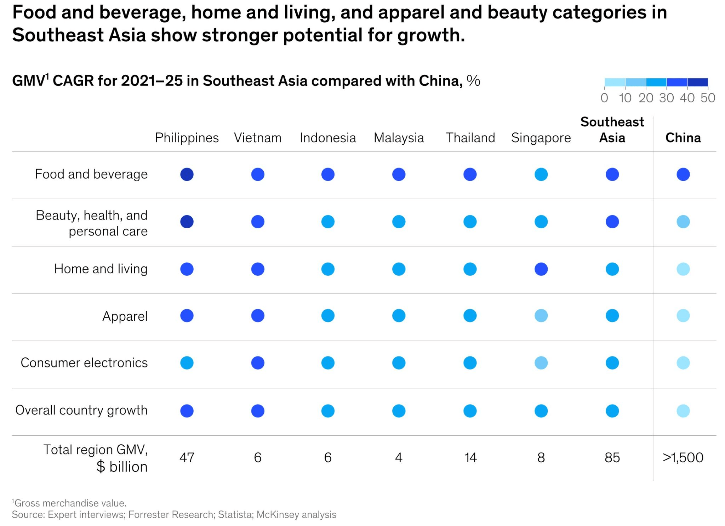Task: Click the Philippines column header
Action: point(187,138)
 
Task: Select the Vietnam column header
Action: point(257,138)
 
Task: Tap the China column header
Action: point(683,138)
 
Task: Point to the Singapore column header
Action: point(541,138)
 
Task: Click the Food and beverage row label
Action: point(91,174)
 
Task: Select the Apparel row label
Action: point(125,316)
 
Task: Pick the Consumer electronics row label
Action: point(84,363)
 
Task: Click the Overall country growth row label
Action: point(81,410)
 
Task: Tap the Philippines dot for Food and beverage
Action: point(187,174)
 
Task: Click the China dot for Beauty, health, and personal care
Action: point(683,222)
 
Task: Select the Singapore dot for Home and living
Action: point(541,269)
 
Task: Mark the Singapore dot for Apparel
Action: point(541,315)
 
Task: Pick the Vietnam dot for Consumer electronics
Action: point(257,363)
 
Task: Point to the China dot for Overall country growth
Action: point(683,411)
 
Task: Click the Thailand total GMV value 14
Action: point(470,458)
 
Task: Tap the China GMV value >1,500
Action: point(683,458)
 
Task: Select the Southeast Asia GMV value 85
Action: point(612,458)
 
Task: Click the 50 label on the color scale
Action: point(708,98)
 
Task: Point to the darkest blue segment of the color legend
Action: point(697,82)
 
